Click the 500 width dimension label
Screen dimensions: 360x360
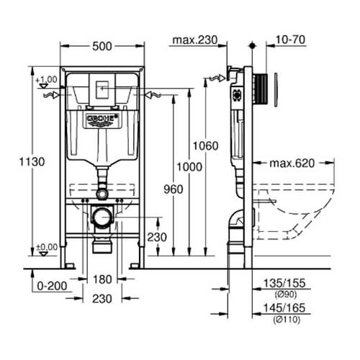pyautogui.click(x=102, y=46)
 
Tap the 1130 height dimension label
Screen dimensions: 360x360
pyautogui.click(x=32, y=162)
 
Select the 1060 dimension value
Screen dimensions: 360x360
pyautogui.click(x=206, y=145)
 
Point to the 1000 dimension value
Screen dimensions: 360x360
pyautogui.click(x=189, y=167)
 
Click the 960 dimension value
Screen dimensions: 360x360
pyautogui.click(x=174, y=189)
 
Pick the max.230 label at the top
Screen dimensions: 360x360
pyautogui.click(x=195, y=40)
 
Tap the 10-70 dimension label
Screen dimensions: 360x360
pyautogui.click(x=290, y=40)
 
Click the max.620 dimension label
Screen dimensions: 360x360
pyautogui.click(x=292, y=163)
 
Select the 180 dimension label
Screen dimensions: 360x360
pyautogui.click(x=102, y=279)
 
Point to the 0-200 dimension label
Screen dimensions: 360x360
pyautogui.click(x=52, y=286)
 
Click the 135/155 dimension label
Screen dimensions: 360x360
pyautogui.click(x=284, y=283)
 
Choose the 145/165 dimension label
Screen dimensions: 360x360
pyautogui.click(x=284, y=308)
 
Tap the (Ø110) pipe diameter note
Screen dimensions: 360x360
pyautogui.click(x=287, y=320)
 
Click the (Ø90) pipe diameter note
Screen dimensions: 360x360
pyautogui.click(x=286, y=294)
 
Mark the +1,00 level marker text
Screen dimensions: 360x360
pyautogui.click(x=46, y=79)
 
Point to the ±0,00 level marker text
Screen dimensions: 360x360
pyautogui.click(x=47, y=247)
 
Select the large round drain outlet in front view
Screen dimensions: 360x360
pyautogui.click(x=103, y=217)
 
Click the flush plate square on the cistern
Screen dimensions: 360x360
pyautogui.click(x=102, y=90)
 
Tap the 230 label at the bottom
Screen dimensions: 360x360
pyautogui.click(x=102, y=299)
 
